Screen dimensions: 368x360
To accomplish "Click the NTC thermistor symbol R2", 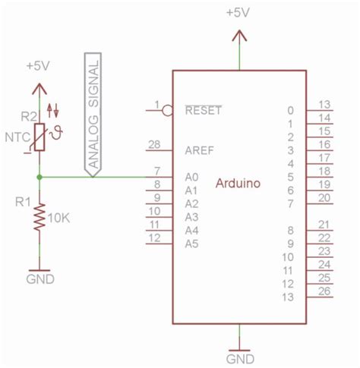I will click(39, 136).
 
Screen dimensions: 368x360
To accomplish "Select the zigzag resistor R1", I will click(39, 219).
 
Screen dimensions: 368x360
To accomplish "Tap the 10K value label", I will click(58, 219).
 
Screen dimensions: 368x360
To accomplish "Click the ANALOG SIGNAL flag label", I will click(93, 114).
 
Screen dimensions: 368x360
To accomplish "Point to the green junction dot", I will click(39, 177).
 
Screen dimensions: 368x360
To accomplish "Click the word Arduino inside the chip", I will click(239, 183).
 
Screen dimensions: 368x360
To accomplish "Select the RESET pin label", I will click(203, 110).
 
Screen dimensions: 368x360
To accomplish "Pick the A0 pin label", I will click(191, 177).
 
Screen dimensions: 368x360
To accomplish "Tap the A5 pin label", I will click(191, 244).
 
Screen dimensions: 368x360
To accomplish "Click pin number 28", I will click(155, 144).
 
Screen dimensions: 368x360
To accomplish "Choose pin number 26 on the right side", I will click(324, 291).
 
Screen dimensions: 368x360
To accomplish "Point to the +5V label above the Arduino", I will click(239, 13).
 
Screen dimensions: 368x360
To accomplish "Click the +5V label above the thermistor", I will click(39, 66).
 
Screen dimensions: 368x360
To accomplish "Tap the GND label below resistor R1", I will click(39, 278).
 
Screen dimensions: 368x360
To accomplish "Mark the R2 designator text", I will click(28, 116).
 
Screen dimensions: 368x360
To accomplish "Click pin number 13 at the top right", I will click(324, 105).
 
